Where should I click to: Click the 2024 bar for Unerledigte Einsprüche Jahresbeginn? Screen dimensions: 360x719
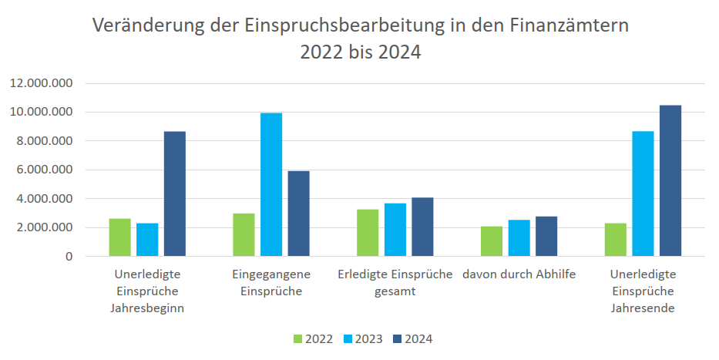[175, 193]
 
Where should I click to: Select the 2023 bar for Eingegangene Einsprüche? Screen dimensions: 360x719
[271, 184]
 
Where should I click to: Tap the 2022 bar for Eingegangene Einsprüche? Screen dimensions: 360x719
[244, 234]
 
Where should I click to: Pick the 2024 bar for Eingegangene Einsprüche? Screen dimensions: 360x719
[298, 214]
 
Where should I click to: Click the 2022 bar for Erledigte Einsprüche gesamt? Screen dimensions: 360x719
[368, 232]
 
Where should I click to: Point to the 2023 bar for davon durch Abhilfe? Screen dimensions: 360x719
[519, 237]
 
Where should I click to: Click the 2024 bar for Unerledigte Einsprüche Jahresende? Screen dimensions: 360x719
[670, 180]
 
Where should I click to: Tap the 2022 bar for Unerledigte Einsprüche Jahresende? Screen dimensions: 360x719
[615, 239]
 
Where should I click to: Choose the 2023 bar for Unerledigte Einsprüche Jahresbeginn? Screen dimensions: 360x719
[147, 239]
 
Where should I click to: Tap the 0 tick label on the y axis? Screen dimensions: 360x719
[69, 256]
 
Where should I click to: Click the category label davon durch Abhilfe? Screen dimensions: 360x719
[519, 274]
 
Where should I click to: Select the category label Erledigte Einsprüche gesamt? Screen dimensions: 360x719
[395, 283]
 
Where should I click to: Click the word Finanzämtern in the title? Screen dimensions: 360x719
[569, 25]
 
